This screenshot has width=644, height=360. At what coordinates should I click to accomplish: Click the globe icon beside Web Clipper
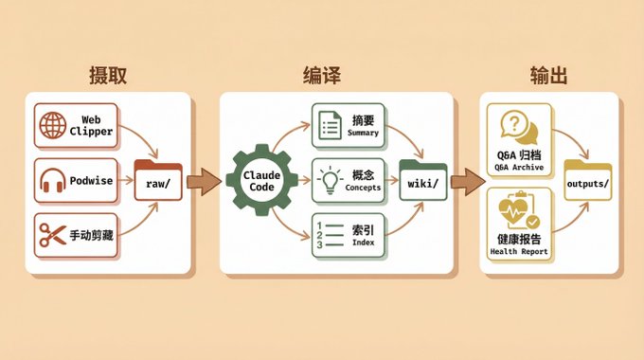(53, 125)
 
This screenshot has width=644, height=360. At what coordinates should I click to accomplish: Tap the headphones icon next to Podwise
(53, 180)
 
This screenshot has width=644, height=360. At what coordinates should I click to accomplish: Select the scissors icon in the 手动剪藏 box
(53, 235)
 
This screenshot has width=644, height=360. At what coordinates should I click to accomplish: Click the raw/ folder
(158, 180)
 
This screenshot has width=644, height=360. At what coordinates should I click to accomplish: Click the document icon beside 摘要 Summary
(330, 125)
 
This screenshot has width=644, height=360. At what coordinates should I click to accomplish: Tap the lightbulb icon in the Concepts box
(330, 180)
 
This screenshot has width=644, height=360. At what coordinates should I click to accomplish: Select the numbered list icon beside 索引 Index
(330, 235)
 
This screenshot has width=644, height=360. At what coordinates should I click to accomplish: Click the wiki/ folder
(423, 180)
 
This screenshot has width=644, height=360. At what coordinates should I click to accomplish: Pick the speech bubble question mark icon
(519, 127)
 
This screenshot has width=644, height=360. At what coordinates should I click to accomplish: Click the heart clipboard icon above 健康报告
(519, 210)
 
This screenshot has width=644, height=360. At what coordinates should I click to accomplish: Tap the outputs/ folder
(588, 180)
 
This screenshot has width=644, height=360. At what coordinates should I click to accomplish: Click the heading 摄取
(108, 75)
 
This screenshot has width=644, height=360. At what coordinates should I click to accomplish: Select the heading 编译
(322, 75)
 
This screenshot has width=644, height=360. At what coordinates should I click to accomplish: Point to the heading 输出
(548, 75)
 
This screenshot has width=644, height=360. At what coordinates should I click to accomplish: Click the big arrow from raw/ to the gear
(204, 182)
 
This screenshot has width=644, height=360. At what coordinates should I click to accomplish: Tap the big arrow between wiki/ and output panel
(468, 182)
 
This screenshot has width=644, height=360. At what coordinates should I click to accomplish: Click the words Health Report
(519, 251)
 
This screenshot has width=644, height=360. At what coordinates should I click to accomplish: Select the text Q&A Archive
(519, 168)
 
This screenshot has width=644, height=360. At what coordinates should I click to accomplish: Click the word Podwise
(91, 181)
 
